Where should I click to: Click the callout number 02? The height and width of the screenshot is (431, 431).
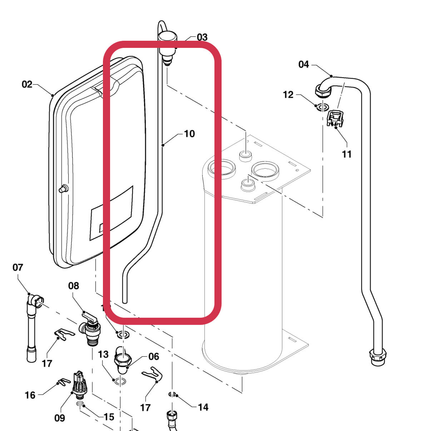click(27, 84)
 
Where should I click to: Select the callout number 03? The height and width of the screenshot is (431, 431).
click(202, 37)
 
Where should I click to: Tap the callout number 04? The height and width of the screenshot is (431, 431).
click(303, 64)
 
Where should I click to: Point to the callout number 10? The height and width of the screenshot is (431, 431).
click(189, 134)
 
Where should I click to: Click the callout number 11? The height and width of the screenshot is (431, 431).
click(347, 154)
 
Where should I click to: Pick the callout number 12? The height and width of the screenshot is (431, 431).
click(288, 95)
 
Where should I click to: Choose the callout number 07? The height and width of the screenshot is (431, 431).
click(18, 267)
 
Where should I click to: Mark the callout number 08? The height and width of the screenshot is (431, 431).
click(74, 286)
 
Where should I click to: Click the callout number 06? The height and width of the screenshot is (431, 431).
click(154, 356)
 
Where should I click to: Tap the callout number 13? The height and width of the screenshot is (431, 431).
click(103, 354)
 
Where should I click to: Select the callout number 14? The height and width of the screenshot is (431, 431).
click(203, 407)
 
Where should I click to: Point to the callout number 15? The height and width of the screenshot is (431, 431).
click(109, 417)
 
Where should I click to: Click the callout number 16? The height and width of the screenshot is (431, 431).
click(30, 395)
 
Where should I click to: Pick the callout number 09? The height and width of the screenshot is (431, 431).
click(60, 418)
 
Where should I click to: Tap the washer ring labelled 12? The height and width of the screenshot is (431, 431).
click(323, 106)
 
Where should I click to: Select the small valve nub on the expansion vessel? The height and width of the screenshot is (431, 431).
click(63, 188)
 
